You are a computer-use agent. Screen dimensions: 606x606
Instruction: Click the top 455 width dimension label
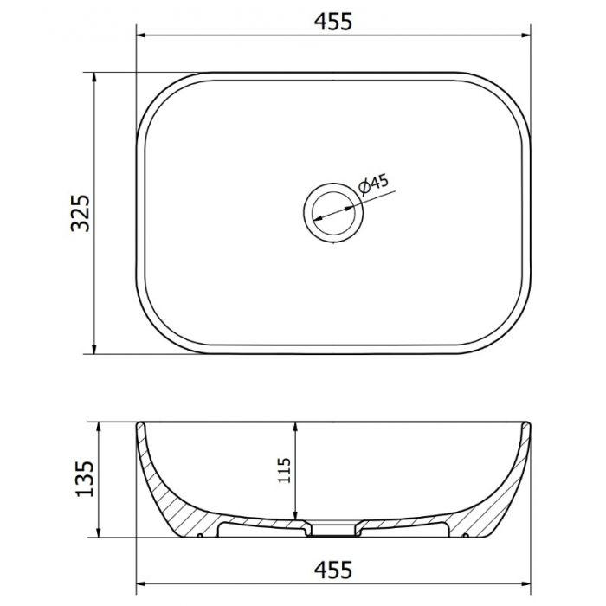click(x=333, y=22)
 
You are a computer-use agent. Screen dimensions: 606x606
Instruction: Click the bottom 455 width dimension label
click(x=333, y=570)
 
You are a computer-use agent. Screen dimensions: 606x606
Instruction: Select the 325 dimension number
click(x=81, y=213)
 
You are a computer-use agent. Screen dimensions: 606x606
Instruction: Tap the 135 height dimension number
click(x=84, y=479)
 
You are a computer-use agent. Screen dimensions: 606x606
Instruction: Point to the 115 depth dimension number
click(x=284, y=470)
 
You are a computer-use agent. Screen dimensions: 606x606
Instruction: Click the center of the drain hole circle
click(x=333, y=213)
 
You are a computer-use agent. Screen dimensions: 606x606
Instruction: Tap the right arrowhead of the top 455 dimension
click(x=525, y=35)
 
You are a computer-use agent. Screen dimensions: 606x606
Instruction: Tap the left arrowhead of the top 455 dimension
click(x=141, y=35)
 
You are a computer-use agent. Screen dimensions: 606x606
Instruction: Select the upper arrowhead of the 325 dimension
click(x=93, y=77)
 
